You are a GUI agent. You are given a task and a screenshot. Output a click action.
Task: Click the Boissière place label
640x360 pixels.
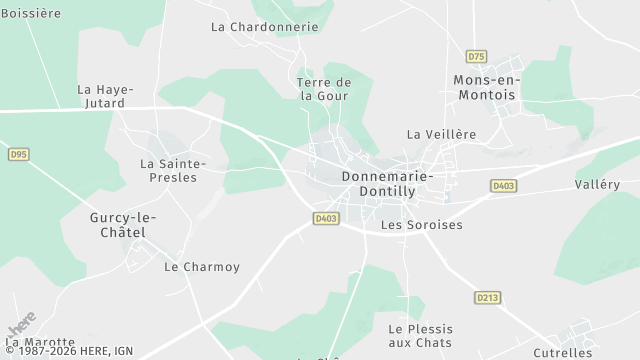tap(31, 13)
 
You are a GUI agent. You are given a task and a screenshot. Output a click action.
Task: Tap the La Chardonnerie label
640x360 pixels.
tap(265, 27)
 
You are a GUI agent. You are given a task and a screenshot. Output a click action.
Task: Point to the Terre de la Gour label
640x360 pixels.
tap(325, 89)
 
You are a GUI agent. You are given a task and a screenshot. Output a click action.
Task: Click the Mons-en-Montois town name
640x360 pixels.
tap(485, 87)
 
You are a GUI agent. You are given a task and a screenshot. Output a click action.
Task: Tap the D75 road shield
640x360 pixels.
tap(476, 57)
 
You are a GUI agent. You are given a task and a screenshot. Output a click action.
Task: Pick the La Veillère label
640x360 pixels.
tap(441, 134)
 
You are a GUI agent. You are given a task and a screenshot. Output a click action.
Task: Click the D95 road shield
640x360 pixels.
tap(18, 154)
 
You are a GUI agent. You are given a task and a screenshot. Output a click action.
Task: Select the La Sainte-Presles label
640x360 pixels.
tap(173, 170)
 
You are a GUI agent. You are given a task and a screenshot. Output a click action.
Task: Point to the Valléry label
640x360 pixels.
tap(597, 184)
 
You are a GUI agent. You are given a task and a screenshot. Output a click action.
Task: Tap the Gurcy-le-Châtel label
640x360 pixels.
tap(123, 225)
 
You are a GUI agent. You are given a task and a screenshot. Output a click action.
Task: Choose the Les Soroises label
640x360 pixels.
tap(422, 225)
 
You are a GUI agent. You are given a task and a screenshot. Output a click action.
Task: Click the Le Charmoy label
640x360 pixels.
tap(202, 267)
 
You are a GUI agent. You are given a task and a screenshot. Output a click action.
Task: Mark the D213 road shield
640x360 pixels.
tap(487, 297)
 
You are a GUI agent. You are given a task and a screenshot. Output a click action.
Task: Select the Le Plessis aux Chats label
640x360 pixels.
tap(420, 336)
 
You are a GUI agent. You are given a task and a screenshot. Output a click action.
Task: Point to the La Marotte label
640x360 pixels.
tap(39, 343)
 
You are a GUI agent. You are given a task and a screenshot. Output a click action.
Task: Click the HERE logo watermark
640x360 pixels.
tap(21, 325)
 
